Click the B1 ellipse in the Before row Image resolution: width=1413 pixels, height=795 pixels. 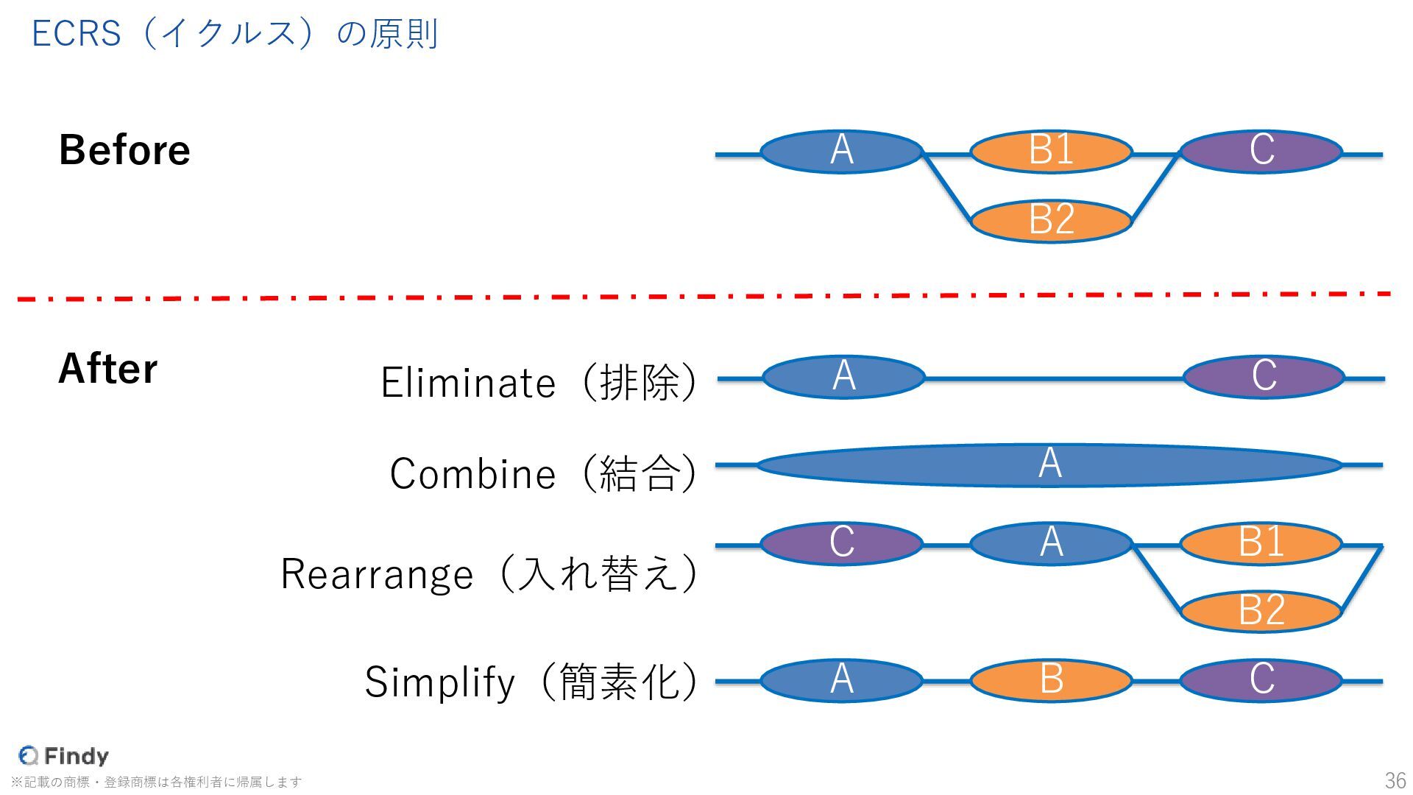click(1051, 151)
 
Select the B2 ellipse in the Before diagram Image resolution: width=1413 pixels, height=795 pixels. click(1051, 220)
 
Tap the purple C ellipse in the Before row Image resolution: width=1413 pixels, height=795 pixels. click(1261, 151)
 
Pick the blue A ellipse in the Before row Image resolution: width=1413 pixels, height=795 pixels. click(841, 151)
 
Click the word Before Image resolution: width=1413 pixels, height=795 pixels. click(124, 150)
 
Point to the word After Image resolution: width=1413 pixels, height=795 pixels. click(107, 369)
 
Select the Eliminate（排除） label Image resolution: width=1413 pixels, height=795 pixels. click(538, 383)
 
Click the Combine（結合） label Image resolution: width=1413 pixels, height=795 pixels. click(543, 473)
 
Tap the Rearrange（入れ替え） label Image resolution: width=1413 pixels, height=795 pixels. click(489, 574)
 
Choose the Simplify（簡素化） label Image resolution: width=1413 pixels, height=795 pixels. click(531, 682)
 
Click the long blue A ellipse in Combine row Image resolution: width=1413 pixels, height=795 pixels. click(1049, 465)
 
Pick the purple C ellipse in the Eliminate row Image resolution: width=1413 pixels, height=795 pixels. click(1264, 377)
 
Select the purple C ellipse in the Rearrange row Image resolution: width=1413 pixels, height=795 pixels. click(841, 543)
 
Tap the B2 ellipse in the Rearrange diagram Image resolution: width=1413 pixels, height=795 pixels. click(1261, 610)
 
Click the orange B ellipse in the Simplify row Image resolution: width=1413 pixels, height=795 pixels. click(1051, 680)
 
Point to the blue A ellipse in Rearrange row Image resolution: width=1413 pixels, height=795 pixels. click(1051, 543)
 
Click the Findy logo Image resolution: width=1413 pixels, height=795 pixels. click(64, 756)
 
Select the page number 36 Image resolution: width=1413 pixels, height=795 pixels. click(1395, 780)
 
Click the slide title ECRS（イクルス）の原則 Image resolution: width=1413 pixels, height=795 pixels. click(235, 34)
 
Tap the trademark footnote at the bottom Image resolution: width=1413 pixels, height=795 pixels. click(156, 782)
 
